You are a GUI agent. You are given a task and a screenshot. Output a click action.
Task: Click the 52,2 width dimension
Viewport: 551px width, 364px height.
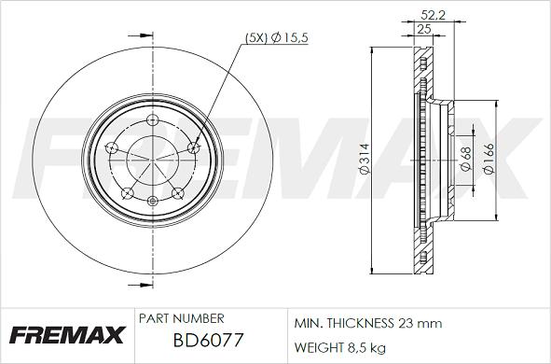click(433, 15)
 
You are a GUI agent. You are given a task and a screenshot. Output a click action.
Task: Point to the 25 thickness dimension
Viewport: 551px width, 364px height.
click(424, 29)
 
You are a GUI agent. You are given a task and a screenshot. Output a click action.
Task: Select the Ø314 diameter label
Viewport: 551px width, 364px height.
click(365, 159)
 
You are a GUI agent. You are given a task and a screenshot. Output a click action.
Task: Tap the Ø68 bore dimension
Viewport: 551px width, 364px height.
click(465, 159)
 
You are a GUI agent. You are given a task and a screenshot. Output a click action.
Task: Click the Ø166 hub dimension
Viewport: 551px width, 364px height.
click(489, 159)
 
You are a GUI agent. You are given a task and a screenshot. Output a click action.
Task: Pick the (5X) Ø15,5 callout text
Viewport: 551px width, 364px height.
click(276, 37)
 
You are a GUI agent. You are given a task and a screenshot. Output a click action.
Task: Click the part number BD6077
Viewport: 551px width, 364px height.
click(208, 340)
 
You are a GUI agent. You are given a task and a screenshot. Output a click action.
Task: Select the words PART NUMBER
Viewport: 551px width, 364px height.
click(181, 318)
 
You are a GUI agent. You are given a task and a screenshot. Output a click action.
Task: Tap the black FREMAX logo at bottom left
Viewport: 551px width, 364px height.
click(67, 334)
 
